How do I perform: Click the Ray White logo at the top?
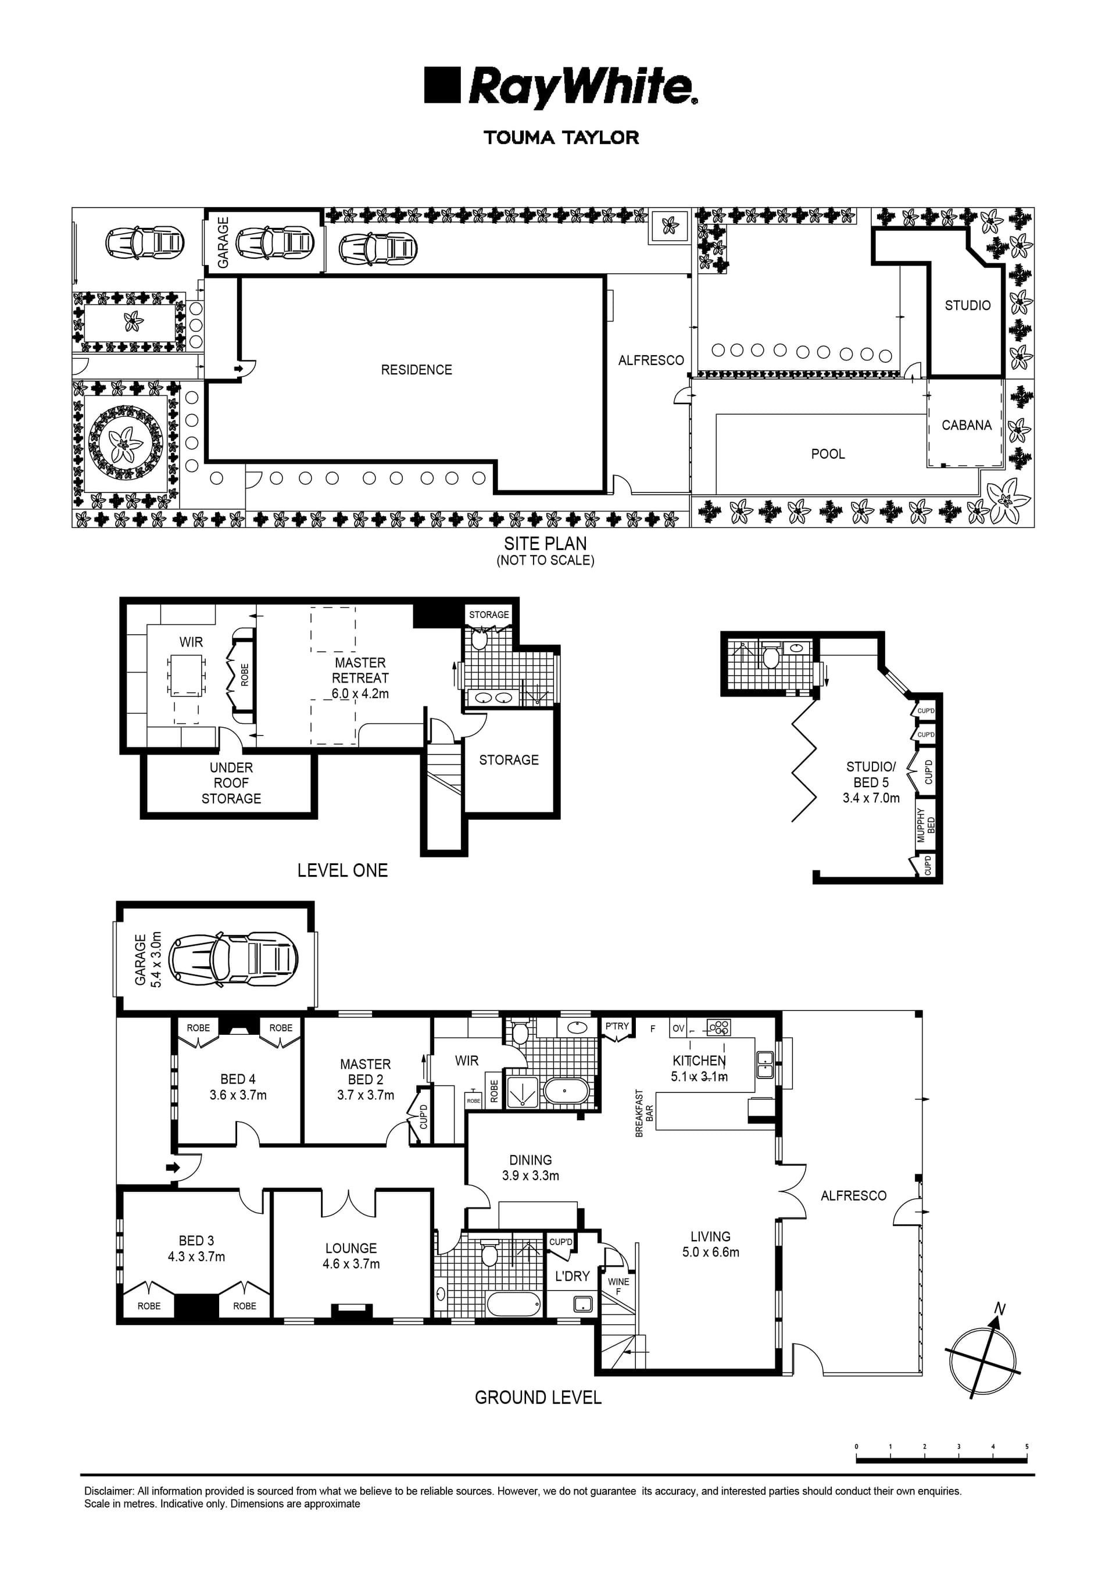pos(560,87)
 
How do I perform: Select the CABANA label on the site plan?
pos(966,425)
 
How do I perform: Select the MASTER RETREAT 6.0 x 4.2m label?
pos(360,678)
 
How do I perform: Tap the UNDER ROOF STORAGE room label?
pos(231,783)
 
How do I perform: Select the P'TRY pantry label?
pos(617,1026)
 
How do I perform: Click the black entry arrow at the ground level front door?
pos(172,1167)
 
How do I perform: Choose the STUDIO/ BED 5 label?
pos(871,782)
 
